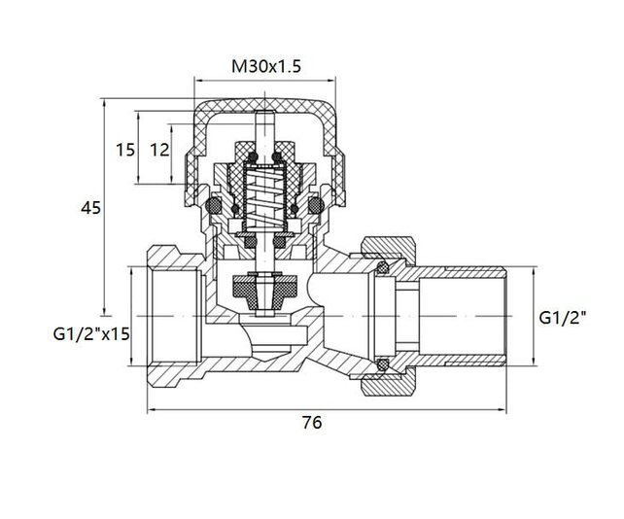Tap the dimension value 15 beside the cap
(125, 151)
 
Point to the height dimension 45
(88, 207)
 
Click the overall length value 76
(310, 423)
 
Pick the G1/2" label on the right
(564, 318)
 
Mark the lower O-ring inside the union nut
(382, 365)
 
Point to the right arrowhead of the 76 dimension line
(510, 408)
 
